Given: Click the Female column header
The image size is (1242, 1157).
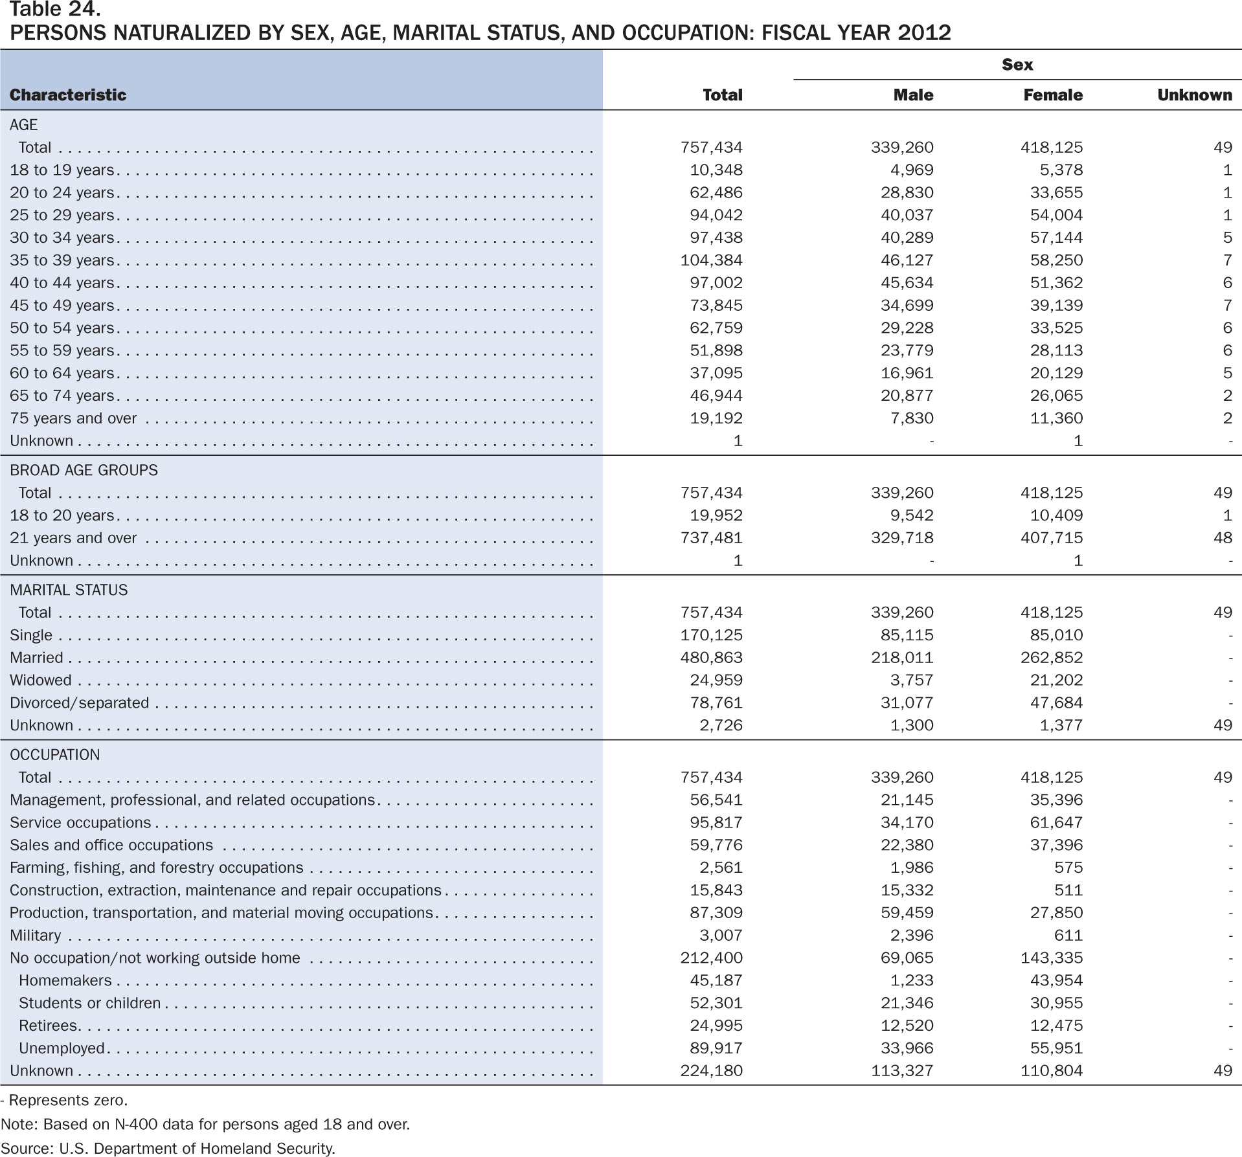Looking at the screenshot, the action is [1053, 95].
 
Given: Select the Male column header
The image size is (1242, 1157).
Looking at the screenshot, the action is [913, 95].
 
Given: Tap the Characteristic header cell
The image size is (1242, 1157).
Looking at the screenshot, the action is [68, 95].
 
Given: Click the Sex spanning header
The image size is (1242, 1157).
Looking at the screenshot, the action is [1017, 65].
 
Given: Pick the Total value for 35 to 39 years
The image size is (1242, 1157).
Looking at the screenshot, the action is [711, 260].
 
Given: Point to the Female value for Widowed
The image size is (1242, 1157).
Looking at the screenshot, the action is [1056, 680].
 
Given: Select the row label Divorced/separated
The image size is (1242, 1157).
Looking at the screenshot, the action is [79, 703].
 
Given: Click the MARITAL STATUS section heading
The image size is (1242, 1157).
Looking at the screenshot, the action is [69, 590].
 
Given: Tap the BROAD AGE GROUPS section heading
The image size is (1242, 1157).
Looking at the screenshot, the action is [84, 471].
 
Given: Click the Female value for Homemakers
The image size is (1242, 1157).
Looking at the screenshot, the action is [1056, 981].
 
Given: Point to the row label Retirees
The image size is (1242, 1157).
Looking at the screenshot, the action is [49, 1026].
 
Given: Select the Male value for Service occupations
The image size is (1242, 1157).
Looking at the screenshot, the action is [907, 823].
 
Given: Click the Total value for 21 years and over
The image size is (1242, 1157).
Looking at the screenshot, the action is [711, 538].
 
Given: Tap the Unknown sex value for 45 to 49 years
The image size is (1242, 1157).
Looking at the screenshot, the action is [1227, 306].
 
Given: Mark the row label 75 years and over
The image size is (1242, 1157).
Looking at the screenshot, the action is [73, 418].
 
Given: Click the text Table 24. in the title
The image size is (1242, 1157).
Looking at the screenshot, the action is [55, 9].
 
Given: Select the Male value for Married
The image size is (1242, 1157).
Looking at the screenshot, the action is [902, 658].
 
